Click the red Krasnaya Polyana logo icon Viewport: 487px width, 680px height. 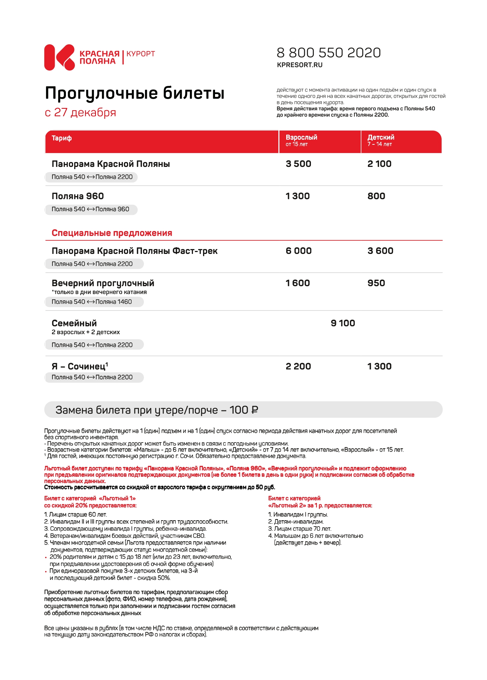pyautogui.click(x=59, y=57)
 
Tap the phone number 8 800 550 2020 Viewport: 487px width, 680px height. pyautogui.click(x=329, y=53)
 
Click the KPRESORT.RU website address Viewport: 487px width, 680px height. pyautogui.click(x=299, y=65)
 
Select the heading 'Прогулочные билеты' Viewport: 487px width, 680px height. pyautogui.click(x=134, y=93)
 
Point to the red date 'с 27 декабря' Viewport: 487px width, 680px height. pyautogui.click(x=80, y=113)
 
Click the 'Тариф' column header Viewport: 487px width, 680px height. pyautogui.click(x=61, y=138)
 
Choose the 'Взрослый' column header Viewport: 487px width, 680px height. pyautogui.click(x=301, y=138)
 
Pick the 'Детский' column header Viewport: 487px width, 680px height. pyautogui.click(x=381, y=138)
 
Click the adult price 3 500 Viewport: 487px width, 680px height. pyautogui.click(x=298, y=164)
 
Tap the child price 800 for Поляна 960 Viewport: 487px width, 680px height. pyautogui.click(x=376, y=196)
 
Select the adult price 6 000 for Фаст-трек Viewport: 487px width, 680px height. pyautogui.click(x=299, y=251)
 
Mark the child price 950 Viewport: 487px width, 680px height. pyautogui.click(x=376, y=283)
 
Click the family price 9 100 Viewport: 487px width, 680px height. pyautogui.click(x=343, y=323)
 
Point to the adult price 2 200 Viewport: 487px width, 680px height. pyautogui.click(x=298, y=366)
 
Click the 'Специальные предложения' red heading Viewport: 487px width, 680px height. pyautogui.click(x=112, y=233)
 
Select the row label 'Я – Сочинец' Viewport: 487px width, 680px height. pyautogui.click(x=79, y=366)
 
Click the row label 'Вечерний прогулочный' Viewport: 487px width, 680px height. pyautogui.click(x=103, y=283)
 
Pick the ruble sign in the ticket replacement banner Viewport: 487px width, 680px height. pyautogui.click(x=255, y=410)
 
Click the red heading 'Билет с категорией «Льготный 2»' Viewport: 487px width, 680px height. pyautogui.click(x=320, y=502)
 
